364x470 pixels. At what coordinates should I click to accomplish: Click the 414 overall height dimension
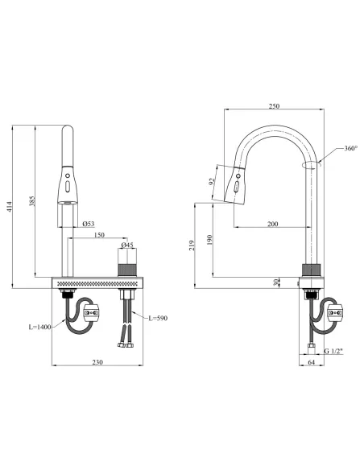point(10,207)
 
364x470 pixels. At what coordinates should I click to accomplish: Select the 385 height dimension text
point(32,201)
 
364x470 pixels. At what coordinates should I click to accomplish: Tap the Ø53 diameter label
point(89,224)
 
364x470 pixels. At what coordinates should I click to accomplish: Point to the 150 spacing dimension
point(99,235)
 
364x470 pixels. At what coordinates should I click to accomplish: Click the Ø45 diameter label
point(127,245)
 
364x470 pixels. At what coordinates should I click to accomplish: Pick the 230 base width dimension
point(97,362)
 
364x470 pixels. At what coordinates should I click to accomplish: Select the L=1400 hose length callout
point(40,327)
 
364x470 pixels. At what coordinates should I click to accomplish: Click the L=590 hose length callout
point(158,318)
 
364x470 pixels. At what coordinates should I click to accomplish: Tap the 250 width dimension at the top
point(274,105)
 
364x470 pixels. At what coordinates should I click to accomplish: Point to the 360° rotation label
point(351,148)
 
